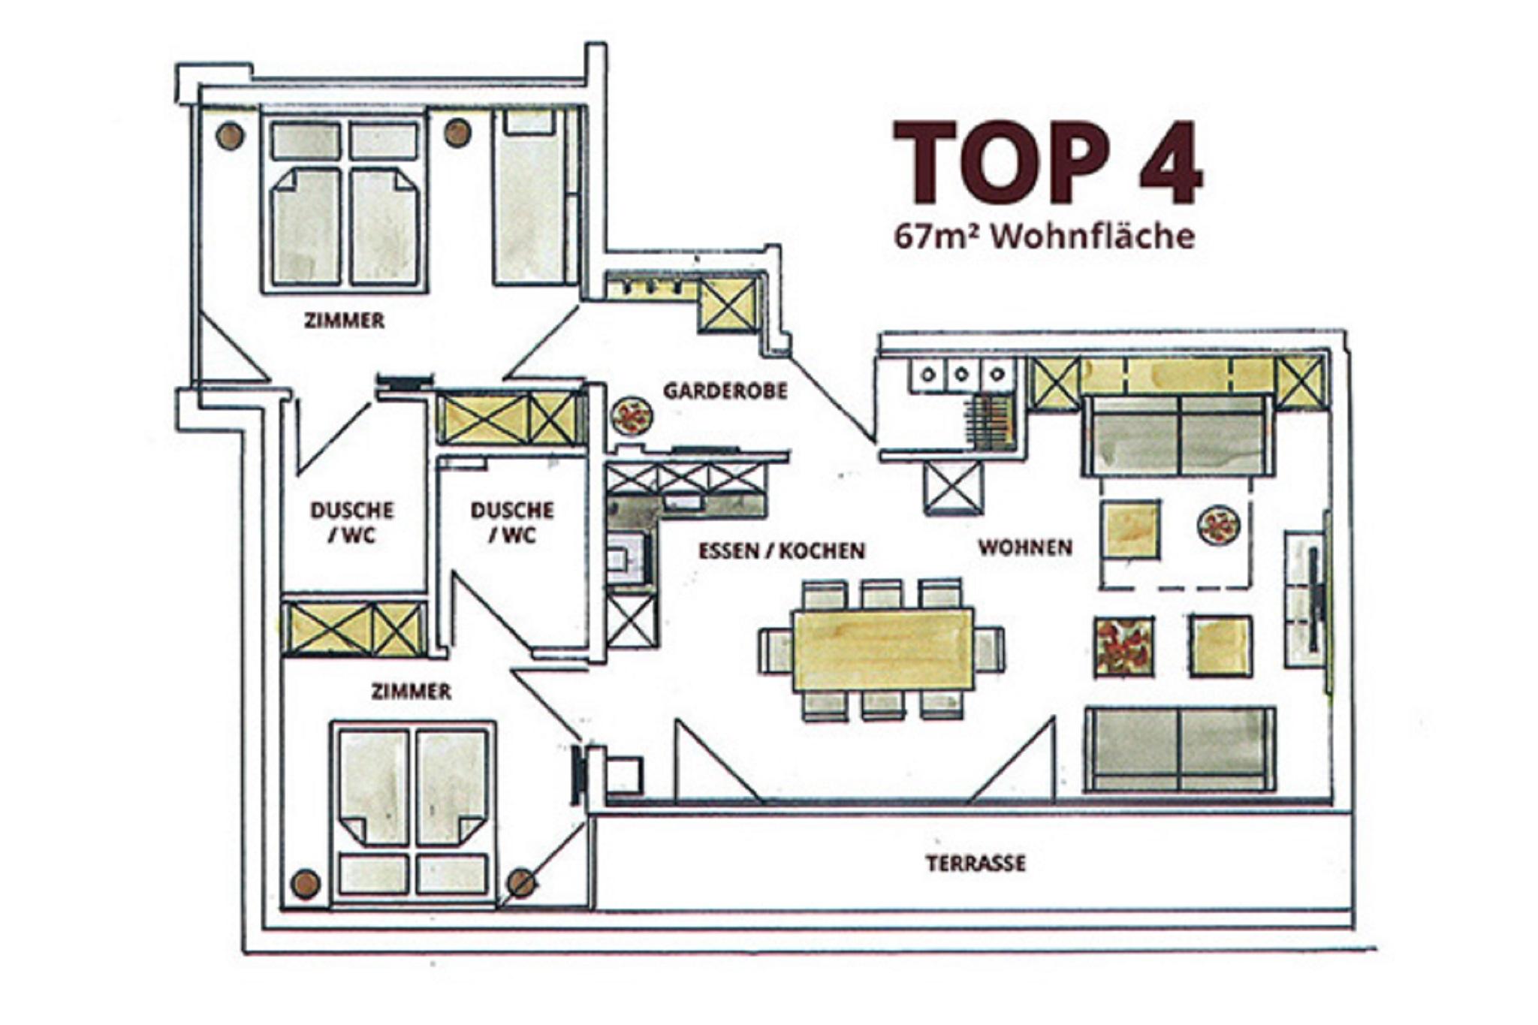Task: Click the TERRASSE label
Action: (976, 864)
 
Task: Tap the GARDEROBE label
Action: (725, 391)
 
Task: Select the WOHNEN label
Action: (1025, 547)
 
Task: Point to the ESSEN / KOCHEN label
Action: (782, 551)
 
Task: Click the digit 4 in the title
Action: (1171, 163)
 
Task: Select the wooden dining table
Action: (883, 650)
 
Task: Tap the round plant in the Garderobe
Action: (632, 417)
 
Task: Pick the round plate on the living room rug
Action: (1218, 526)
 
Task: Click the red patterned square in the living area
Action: (1123, 647)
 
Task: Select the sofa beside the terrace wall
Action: (1180, 749)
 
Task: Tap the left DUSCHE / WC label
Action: (352, 523)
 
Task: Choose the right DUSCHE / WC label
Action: (512, 523)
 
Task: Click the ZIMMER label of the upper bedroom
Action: (344, 321)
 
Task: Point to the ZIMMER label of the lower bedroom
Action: (412, 691)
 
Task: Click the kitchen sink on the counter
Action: (626, 559)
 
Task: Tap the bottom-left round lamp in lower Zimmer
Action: (305, 883)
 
